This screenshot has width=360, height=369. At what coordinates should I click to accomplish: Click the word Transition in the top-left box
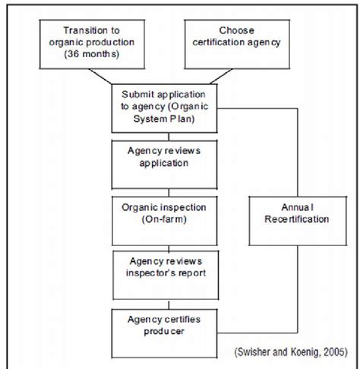pyautogui.click(x=83, y=30)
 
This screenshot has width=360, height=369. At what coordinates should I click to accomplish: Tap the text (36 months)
pyautogui.click(x=92, y=54)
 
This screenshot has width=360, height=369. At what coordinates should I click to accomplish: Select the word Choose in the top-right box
pyautogui.click(x=237, y=30)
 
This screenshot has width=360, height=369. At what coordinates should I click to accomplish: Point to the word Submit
pyautogui.click(x=137, y=94)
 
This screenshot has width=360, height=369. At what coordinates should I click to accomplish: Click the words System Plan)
pyautogui.click(x=164, y=118)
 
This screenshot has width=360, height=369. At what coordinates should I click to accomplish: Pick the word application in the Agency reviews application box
pyautogui.click(x=164, y=163)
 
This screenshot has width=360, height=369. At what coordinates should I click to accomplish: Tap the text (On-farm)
pyautogui.click(x=164, y=219)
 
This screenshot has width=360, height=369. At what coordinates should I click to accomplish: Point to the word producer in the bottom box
pyautogui.click(x=164, y=331)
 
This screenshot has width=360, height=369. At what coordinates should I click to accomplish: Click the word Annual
pyautogui.click(x=298, y=207)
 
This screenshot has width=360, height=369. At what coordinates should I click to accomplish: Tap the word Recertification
pyautogui.click(x=297, y=219)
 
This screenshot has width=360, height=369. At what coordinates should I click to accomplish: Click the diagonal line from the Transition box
pyautogui.click(x=100, y=77)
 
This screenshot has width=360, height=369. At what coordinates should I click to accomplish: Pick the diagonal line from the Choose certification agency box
pyautogui.click(x=221, y=77)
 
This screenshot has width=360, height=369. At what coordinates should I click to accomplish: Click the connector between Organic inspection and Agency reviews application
pyautogui.click(x=169, y=193)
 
